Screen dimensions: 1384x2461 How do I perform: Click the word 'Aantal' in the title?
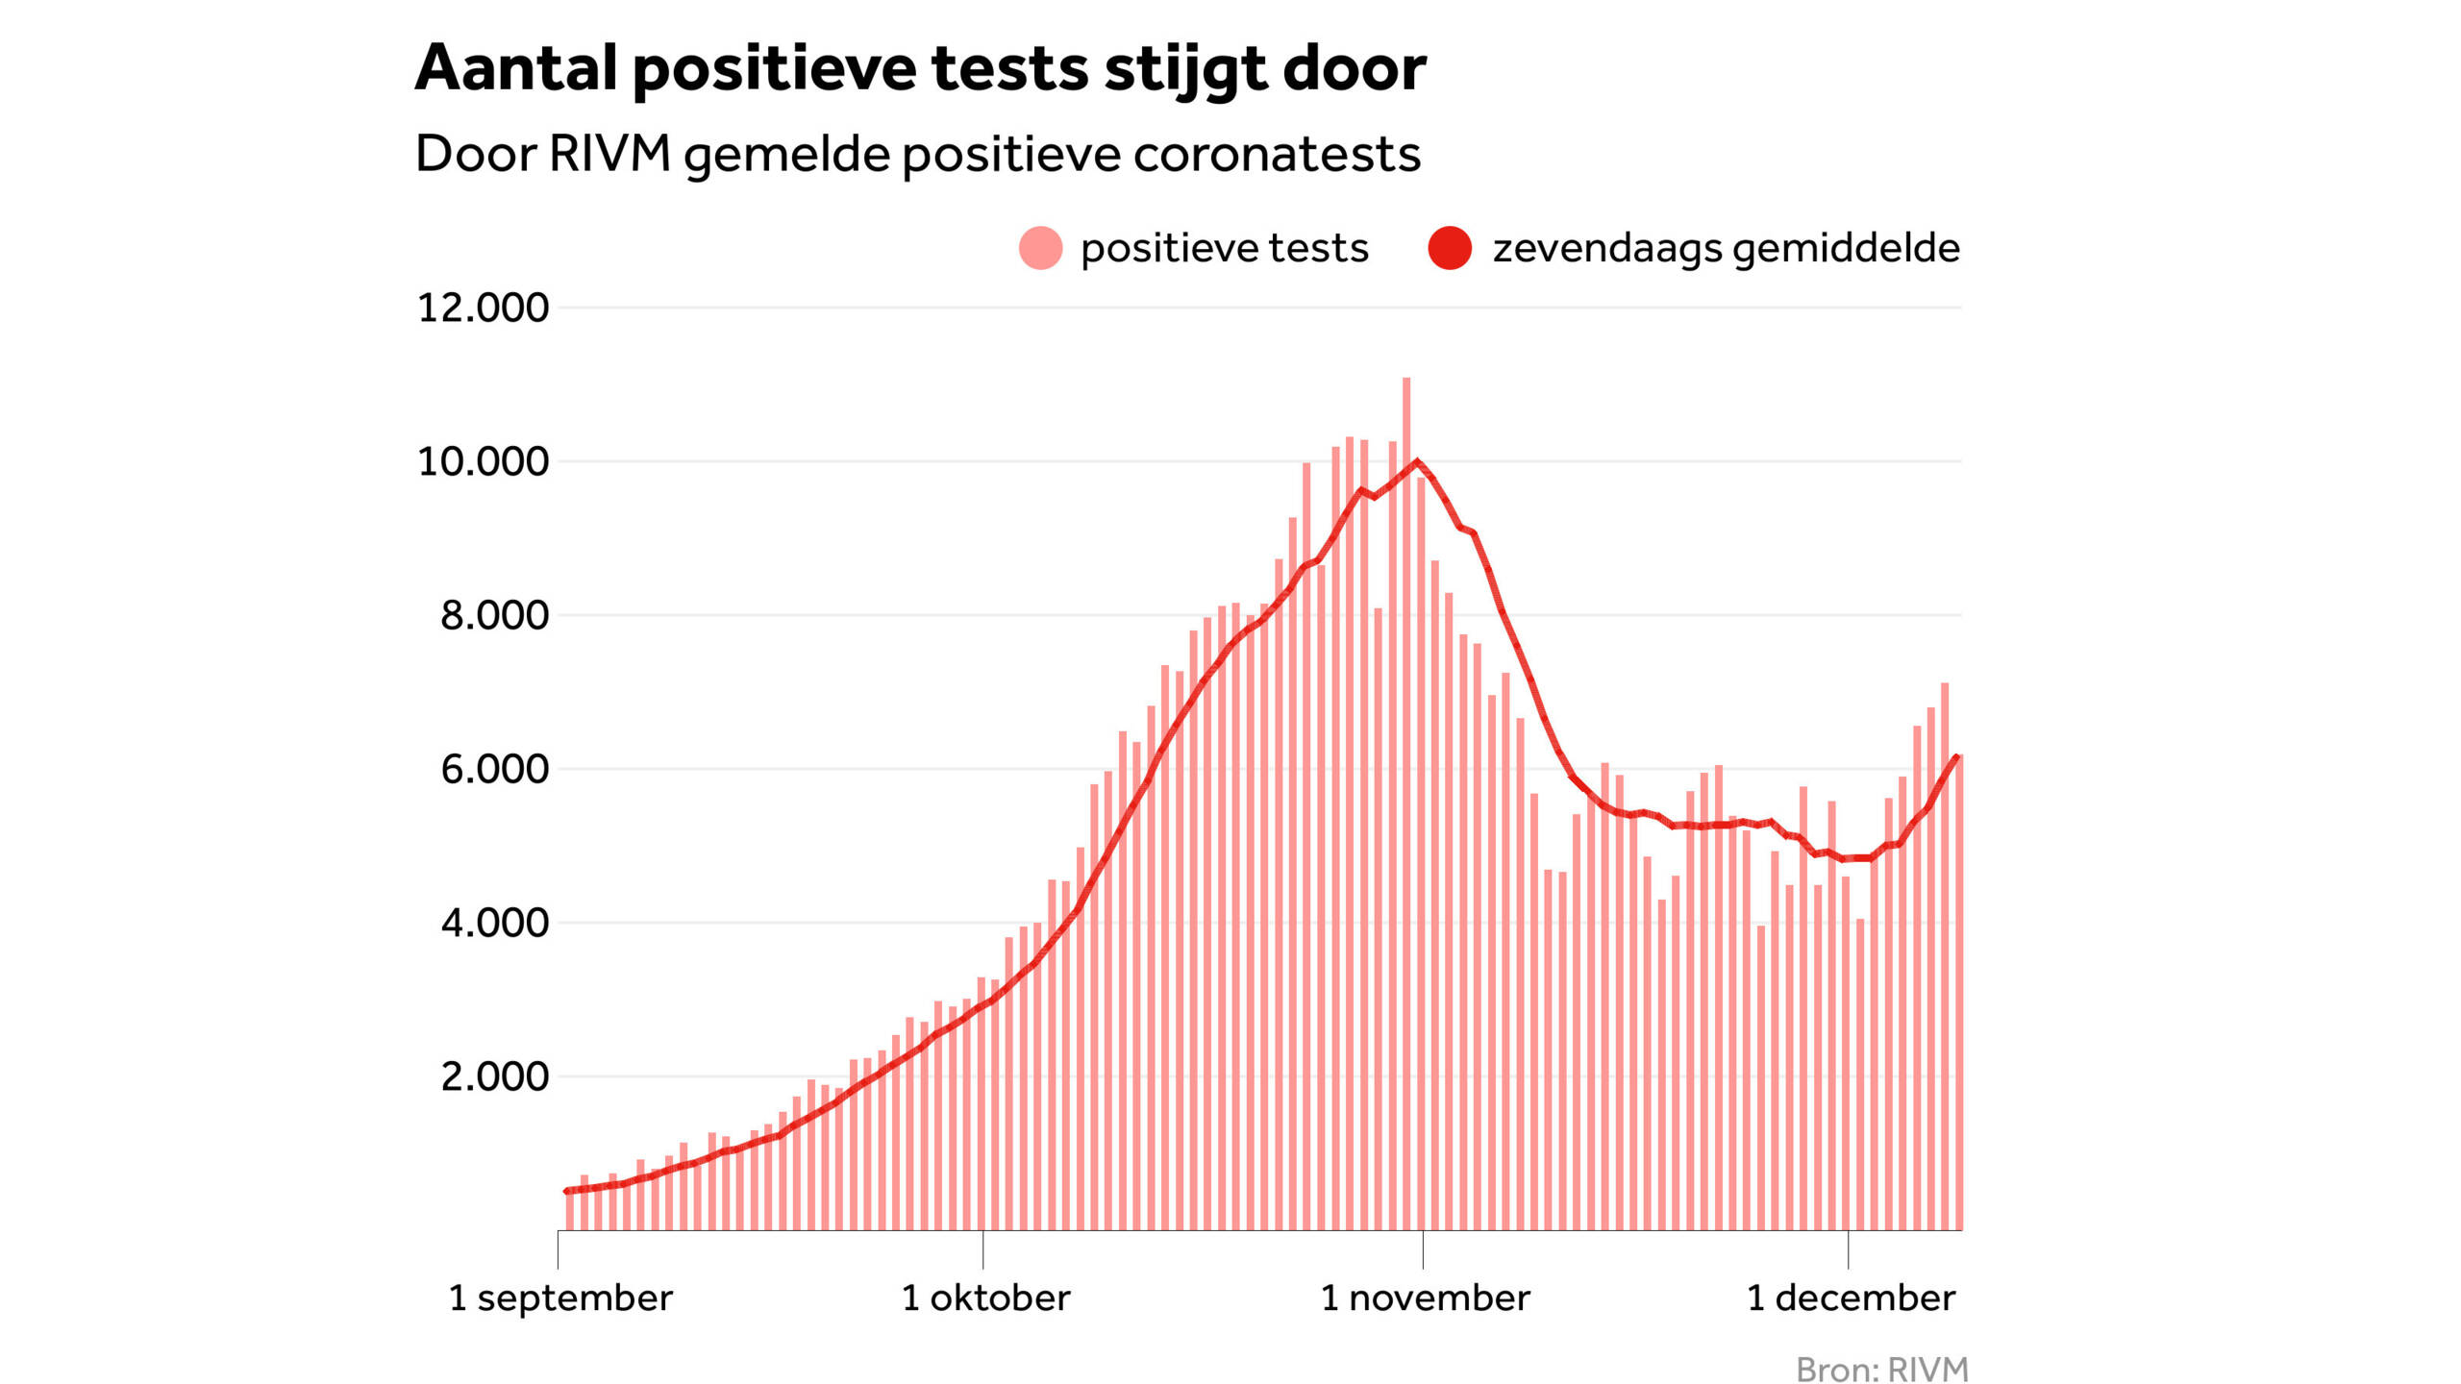pyautogui.click(x=515, y=69)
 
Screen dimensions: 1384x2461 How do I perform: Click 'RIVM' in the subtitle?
pyautogui.click(x=609, y=154)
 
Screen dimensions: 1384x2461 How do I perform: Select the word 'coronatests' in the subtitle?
pyautogui.click(x=1276, y=155)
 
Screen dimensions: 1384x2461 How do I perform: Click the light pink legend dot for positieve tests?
pyautogui.click(x=1040, y=248)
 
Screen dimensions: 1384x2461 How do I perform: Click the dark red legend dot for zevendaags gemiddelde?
pyautogui.click(x=1450, y=248)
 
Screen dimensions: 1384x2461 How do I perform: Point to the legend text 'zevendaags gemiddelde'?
pyautogui.click(x=1726, y=248)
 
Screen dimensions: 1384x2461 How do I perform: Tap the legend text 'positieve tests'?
pyautogui.click(x=1224, y=248)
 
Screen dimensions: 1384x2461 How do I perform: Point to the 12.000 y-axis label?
pyautogui.click(x=483, y=308)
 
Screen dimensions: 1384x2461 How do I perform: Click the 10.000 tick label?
pyautogui.click(x=483, y=461)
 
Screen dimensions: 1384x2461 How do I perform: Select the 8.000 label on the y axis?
pyautogui.click(x=494, y=615)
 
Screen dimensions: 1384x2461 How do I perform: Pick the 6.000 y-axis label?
pyautogui.click(x=494, y=769)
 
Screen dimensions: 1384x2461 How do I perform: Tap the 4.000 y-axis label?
pyautogui.click(x=494, y=923)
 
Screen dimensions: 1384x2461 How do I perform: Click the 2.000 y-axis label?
pyautogui.click(x=494, y=1076)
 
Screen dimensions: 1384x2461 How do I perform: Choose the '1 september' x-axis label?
pyautogui.click(x=560, y=1297)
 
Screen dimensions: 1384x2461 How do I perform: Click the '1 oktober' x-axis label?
pyautogui.click(x=985, y=1297)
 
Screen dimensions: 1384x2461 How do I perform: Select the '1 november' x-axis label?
pyautogui.click(x=1425, y=1297)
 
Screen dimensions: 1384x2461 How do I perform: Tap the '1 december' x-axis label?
pyautogui.click(x=1851, y=1297)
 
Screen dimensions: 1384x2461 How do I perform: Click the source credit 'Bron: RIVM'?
pyautogui.click(x=1881, y=1369)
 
